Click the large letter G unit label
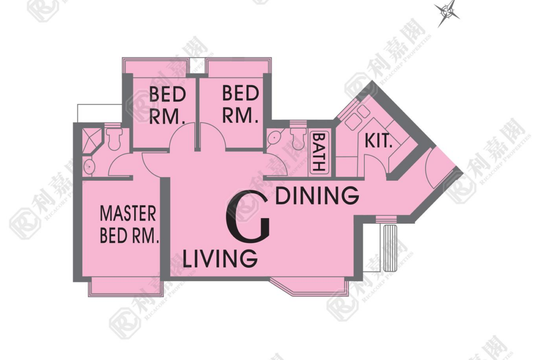[247, 216]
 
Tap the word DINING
[318, 195]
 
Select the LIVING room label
[220, 258]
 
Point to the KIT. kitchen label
[378, 141]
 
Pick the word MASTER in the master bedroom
[128, 214]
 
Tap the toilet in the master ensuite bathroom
[114, 138]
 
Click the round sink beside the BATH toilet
[274, 138]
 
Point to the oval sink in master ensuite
[89, 166]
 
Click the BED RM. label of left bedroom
[167, 106]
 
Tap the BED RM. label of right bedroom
[240, 104]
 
